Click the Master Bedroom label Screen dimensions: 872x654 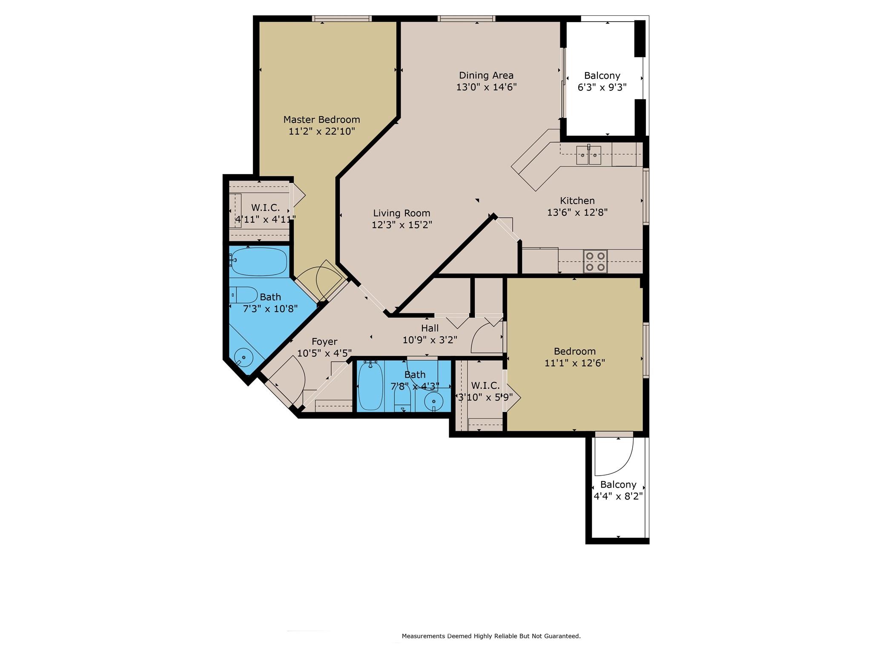(322, 125)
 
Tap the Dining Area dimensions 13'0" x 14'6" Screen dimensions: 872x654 (486, 87)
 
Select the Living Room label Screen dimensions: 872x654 (402, 219)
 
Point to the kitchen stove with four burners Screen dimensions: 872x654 (595, 261)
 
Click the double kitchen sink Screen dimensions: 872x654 (589, 155)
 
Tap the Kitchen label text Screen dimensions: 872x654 (577, 201)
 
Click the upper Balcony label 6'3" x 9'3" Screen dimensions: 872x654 (602, 81)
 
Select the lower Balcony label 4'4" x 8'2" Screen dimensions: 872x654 (618, 490)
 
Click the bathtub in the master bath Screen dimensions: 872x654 (258, 262)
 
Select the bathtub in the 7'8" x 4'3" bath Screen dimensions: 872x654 (371, 385)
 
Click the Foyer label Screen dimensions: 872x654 (324, 347)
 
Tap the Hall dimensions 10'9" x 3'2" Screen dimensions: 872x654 (430, 340)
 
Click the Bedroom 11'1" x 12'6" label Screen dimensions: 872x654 (575, 357)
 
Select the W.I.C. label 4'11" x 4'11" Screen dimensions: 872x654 (265, 214)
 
